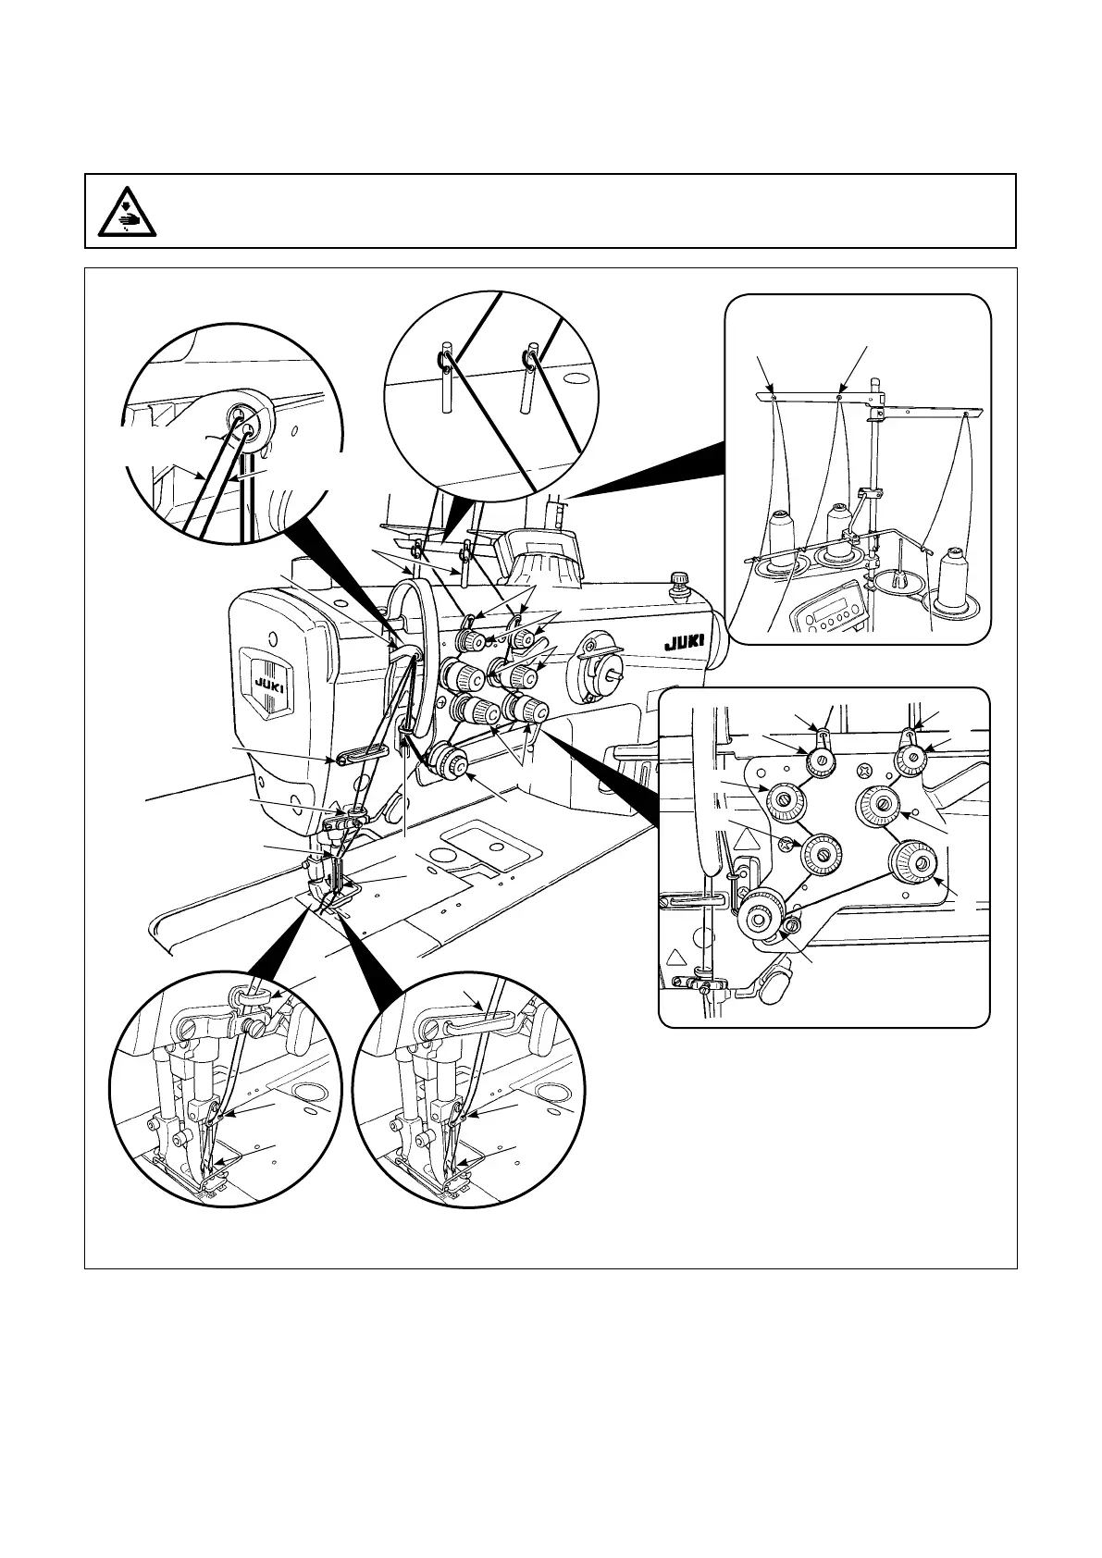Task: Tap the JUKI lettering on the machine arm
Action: pos(684,639)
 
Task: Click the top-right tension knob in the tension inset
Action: pos(911,760)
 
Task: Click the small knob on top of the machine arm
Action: pos(681,580)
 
